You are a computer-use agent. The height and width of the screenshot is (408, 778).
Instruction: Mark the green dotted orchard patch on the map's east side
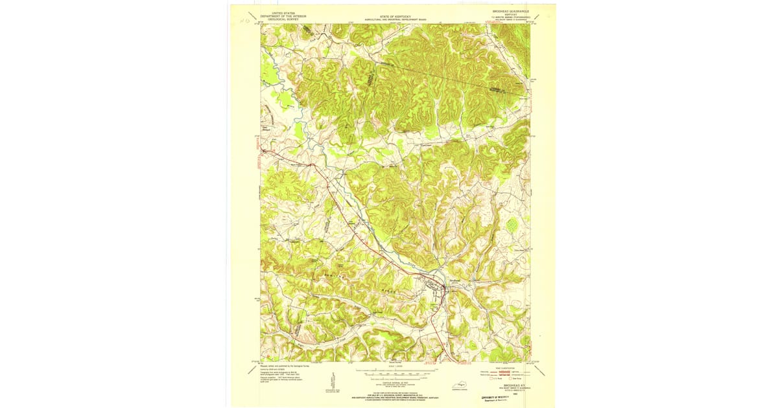(512, 225)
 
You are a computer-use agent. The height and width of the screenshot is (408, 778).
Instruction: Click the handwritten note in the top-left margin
(245, 20)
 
